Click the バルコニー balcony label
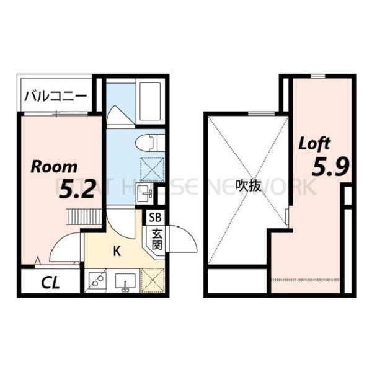coord(56,97)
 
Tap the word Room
coord(55,166)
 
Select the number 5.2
coord(77,189)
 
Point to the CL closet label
coord(51,283)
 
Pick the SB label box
coord(154,218)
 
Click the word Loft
coord(315,143)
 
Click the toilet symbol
coord(149,143)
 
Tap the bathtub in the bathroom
coord(150,100)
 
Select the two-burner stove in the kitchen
coord(97,280)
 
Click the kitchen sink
coord(126,280)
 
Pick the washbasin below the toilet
coord(144,192)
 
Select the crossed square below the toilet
coord(151,169)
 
